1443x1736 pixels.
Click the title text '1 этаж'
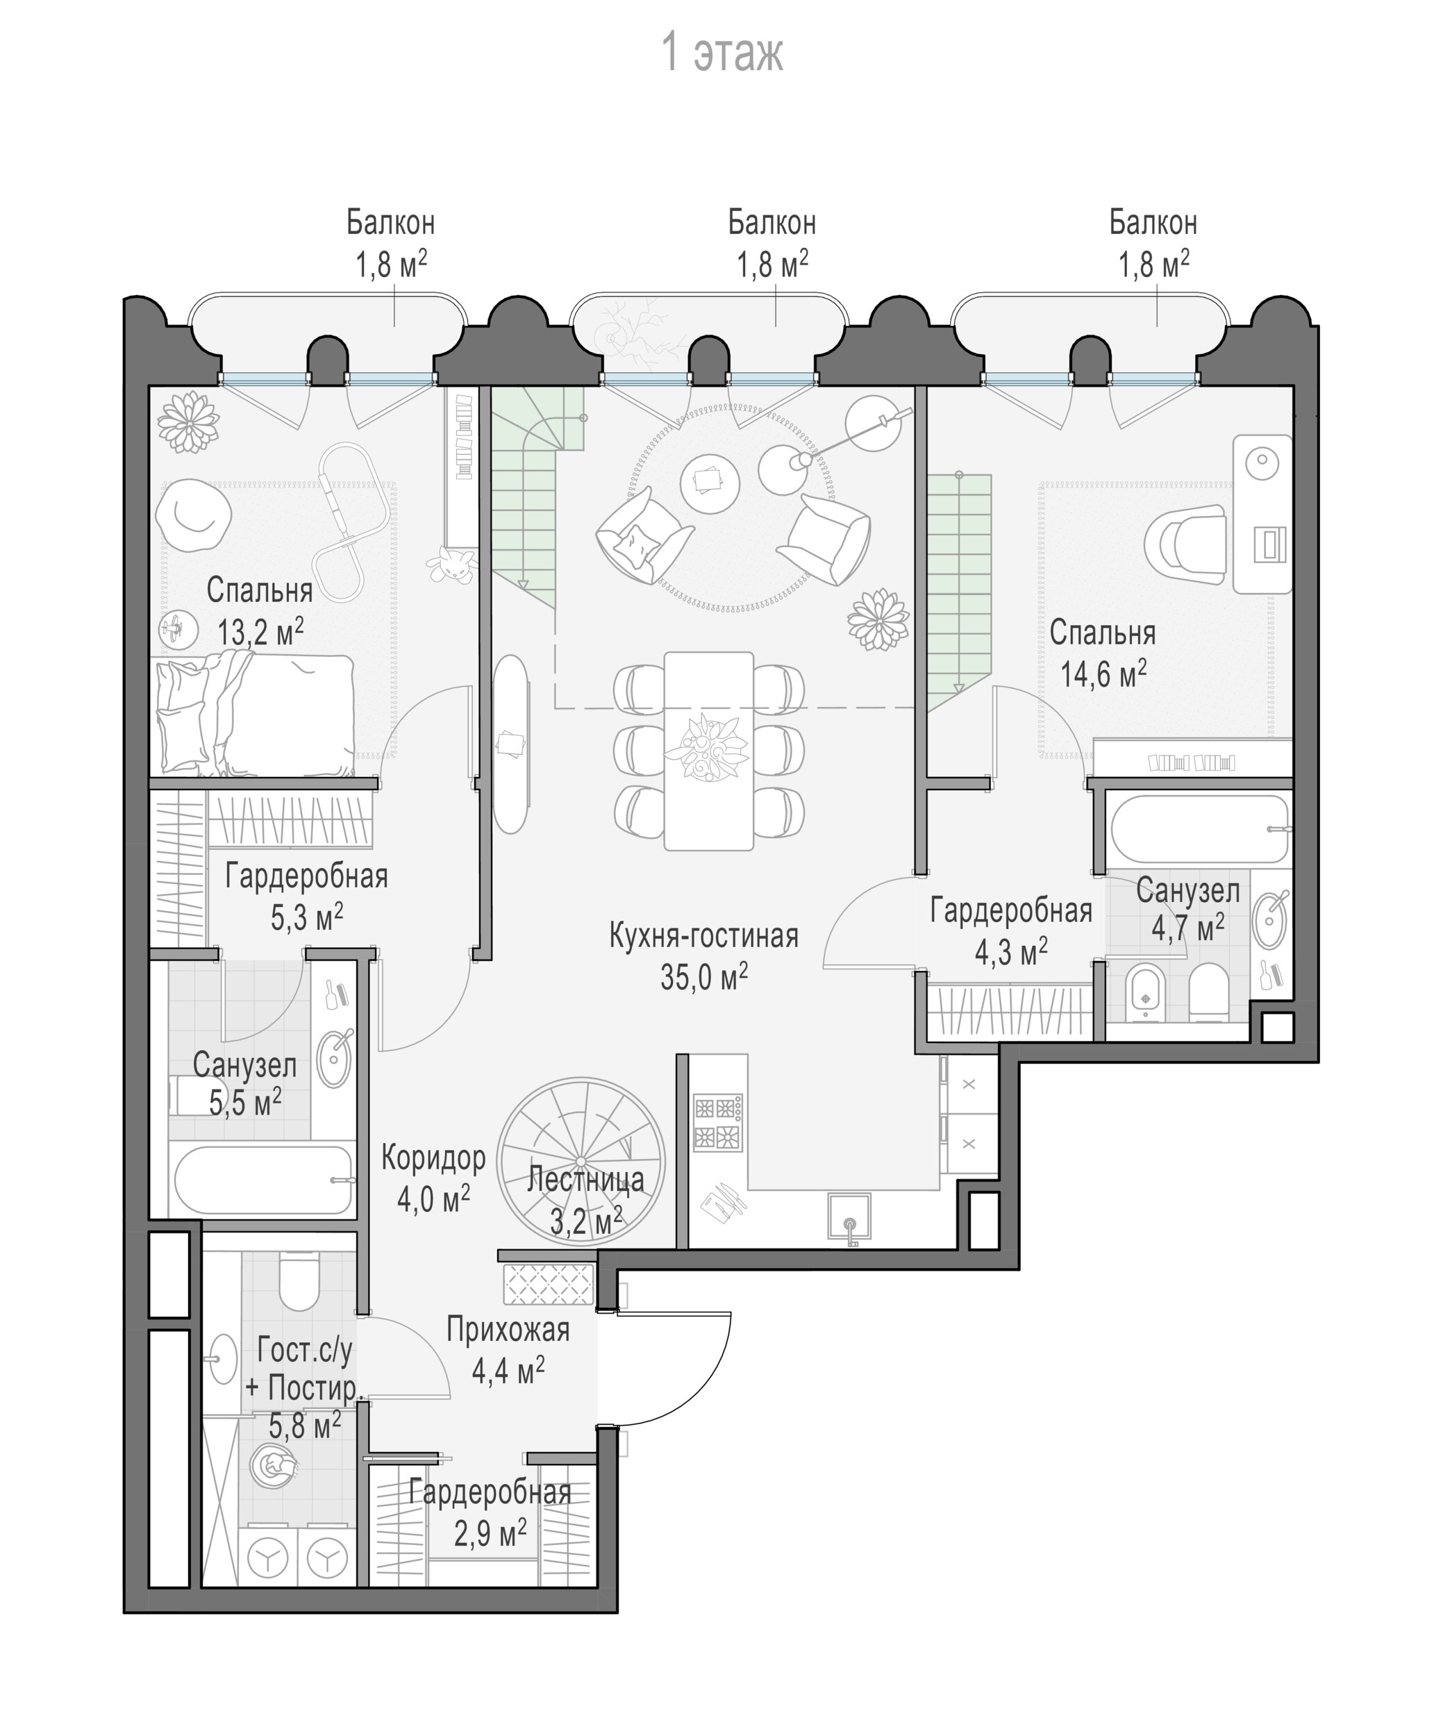click(722, 52)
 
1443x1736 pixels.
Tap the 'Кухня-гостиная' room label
click(703, 935)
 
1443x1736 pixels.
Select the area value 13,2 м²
click(260, 633)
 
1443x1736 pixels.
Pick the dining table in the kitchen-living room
click(708, 751)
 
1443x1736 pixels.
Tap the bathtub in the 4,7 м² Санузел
click(1199, 828)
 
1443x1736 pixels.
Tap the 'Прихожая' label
click(508, 1329)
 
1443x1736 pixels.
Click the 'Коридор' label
click(433, 1158)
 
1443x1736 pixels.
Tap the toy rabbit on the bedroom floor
click(451, 565)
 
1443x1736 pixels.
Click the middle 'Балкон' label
click(772, 222)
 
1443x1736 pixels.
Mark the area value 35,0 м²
click(704, 977)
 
